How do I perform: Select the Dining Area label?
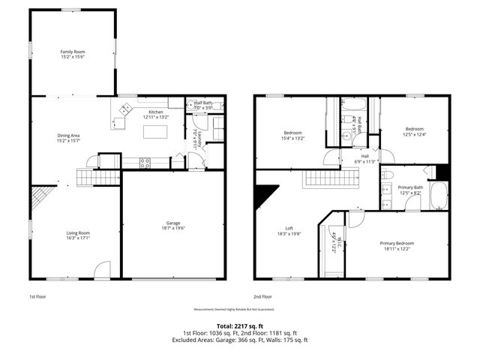(x=68, y=137)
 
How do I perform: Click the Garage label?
(x=173, y=226)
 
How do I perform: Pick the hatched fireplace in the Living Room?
(x=37, y=200)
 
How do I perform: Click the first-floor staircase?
(x=100, y=177)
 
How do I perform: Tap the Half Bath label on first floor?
(x=204, y=106)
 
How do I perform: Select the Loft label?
(x=288, y=231)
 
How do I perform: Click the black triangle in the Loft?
(x=264, y=195)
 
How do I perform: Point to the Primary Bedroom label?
(x=397, y=245)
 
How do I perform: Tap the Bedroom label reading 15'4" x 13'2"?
(x=292, y=135)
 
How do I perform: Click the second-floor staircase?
(x=331, y=179)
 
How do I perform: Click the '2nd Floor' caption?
(x=262, y=297)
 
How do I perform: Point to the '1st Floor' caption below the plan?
(x=38, y=297)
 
